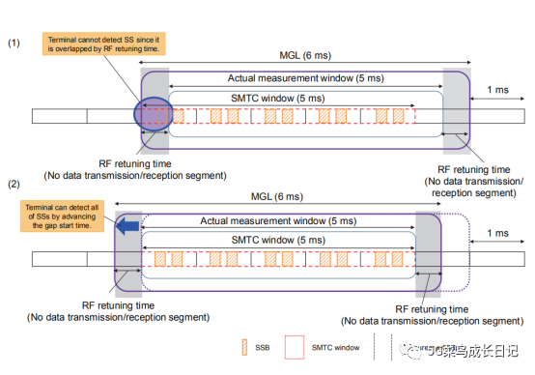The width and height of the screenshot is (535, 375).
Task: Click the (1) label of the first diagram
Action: click(14, 43)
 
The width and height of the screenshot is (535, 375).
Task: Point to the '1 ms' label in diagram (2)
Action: click(498, 233)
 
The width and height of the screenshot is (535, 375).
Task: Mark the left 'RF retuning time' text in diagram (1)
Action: click(132, 163)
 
